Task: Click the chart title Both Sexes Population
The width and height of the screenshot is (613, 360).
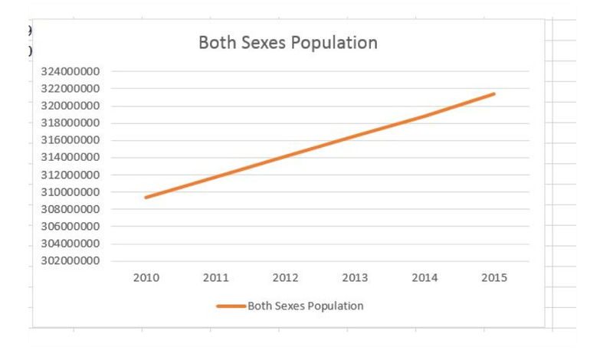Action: tap(287, 43)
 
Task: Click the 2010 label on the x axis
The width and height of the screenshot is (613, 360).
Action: tap(146, 278)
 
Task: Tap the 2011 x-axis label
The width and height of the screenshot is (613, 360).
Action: tap(216, 278)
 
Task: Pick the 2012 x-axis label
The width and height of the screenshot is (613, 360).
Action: tap(285, 278)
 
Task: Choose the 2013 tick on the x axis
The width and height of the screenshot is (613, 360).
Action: tap(355, 278)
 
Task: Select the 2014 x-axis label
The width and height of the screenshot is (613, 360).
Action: tap(425, 278)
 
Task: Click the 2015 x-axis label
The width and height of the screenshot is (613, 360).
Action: tap(493, 278)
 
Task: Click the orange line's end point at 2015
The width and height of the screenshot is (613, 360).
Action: tap(494, 94)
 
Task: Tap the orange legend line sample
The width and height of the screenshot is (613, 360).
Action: tap(231, 306)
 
